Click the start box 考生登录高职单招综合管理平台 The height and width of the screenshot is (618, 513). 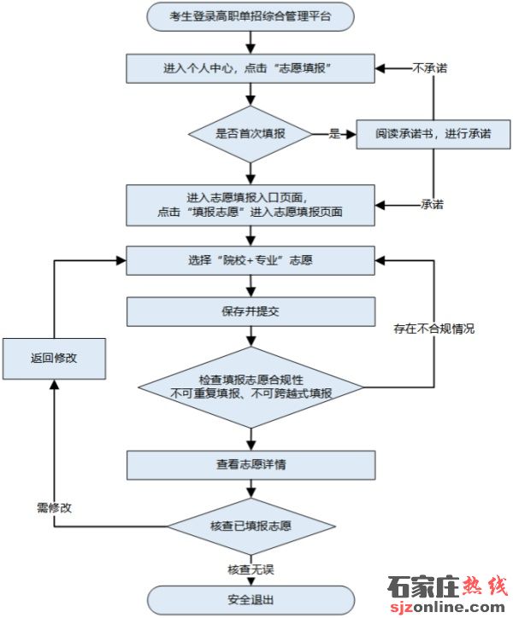pyautogui.click(x=251, y=16)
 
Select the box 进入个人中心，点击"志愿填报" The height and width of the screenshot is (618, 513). pyautogui.click(x=251, y=67)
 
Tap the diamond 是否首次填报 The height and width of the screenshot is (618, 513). pyautogui.click(x=251, y=134)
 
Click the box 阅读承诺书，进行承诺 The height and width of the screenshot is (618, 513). pyautogui.click(x=433, y=134)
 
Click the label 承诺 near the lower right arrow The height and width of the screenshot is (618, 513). pyautogui.click(x=432, y=205)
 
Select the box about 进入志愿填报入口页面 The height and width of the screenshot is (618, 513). pyautogui.click(x=251, y=204)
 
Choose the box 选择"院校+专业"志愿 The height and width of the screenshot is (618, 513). pyautogui.click(x=251, y=260)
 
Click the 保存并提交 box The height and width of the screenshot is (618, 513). pyautogui.click(x=251, y=312)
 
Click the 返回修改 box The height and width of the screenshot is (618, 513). pyautogui.click(x=54, y=359)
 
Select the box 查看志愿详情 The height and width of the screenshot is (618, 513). pyautogui.click(x=251, y=465)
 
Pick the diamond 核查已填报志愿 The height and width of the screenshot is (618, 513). pyautogui.click(x=251, y=523)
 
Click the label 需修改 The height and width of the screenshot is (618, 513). pyautogui.click(x=54, y=507)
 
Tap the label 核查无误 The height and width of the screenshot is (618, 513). pyautogui.click(x=251, y=569)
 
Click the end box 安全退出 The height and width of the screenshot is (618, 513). pyautogui.click(x=251, y=599)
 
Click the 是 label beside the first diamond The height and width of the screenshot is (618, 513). pyautogui.click(x=335, y=134)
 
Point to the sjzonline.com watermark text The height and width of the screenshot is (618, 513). pyautogui.click(x=447, y=607)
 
